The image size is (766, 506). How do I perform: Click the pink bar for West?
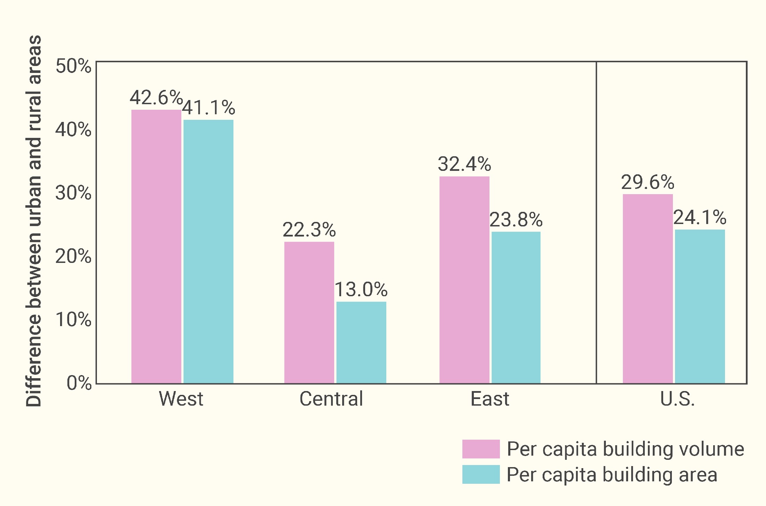pos(156,247)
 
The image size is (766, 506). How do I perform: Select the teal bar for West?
pos(208,252)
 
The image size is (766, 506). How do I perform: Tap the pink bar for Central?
pos(309,313)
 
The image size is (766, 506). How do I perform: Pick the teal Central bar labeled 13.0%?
pos(361,342)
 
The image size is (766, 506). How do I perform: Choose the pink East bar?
pos(464,280)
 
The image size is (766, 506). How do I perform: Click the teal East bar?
pos(516,307)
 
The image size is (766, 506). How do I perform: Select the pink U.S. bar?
pos(648,289)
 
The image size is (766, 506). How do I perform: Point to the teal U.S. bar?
pos(700,306)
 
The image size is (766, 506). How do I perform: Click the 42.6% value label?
pos(156,98)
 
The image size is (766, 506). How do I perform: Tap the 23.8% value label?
pos(516,219)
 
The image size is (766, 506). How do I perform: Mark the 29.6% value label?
pos(648,182)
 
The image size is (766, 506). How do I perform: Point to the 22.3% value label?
pos(309,230)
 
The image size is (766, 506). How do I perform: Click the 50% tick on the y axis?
pos(73,66)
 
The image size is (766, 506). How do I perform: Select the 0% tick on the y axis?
pos(79,383)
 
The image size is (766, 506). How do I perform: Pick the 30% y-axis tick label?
pos(73,193)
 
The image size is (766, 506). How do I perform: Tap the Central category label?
pos(331,399)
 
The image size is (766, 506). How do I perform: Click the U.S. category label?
pos(677,399)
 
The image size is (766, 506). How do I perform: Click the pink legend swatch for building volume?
pos(481,449)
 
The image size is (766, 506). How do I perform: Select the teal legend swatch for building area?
pos(481,474)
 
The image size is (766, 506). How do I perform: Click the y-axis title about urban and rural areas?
pos(34,221)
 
